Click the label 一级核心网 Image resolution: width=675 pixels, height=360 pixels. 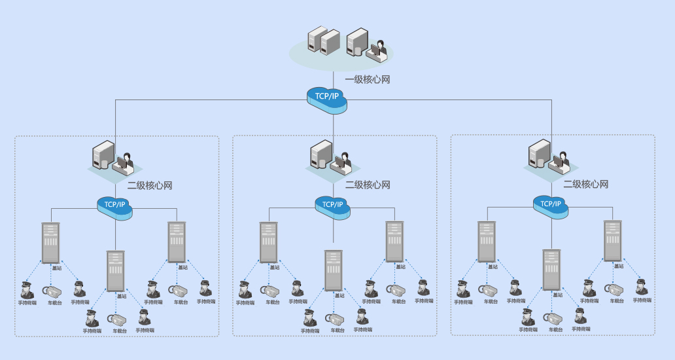pos(368,80)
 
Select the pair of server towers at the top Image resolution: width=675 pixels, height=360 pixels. pos(324,41)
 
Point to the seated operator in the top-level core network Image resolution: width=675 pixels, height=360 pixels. pos(378,50)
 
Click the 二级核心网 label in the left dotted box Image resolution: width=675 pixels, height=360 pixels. pos(150,185)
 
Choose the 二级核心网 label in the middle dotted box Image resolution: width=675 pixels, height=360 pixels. pos(368,185)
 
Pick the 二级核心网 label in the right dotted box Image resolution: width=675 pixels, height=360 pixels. pos(586,185)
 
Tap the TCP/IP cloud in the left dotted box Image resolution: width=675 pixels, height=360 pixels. pos(115,205)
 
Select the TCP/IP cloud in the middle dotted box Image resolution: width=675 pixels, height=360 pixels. pos(333,205)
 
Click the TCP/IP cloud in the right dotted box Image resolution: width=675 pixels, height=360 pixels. pos(551,204)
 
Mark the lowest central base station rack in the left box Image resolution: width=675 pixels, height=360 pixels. pos(116,270)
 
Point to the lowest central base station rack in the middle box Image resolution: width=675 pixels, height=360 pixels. pos(334,270)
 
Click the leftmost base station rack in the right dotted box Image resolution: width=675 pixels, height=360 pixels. pos(487,242)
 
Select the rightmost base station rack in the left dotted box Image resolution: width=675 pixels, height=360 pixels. pos(177,242)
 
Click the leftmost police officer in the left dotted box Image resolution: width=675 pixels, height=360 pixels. pos(27,289)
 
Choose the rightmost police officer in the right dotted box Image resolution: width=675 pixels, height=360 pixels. pos(642,287)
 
